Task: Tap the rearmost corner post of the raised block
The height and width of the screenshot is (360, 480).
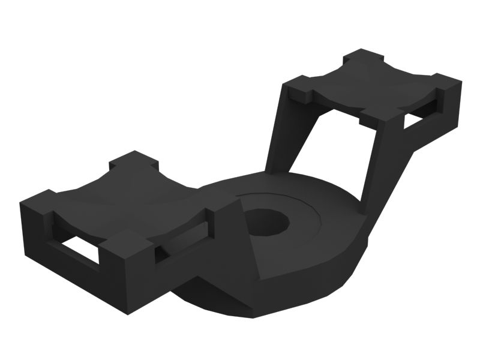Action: pyautogui.click(x=363, y=58)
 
